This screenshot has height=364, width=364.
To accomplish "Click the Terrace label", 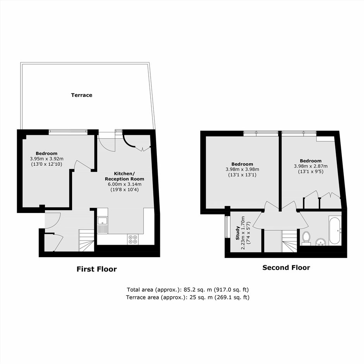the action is point(82,95).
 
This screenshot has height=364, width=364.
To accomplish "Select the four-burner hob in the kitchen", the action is point(133,239).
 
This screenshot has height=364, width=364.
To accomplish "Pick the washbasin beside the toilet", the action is point(321,242).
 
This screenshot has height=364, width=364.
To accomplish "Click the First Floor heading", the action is point(96,269).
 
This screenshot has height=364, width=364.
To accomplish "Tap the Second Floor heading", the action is point(286,268).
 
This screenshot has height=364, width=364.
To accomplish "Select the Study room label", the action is point(237,233).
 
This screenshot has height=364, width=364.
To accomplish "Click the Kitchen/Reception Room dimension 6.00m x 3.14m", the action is point(125,184).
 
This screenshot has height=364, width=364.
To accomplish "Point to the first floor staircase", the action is point(86,240).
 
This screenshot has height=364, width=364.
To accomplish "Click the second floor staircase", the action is point(290,241).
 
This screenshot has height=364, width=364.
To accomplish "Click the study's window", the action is point(227,227).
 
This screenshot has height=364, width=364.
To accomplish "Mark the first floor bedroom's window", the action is point(68,132).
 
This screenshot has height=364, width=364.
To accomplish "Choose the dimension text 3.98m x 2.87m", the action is point(311,166).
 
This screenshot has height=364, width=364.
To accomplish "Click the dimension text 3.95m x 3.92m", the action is point(46,159).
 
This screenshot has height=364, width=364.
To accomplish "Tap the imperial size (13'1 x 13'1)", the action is point(242,175).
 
